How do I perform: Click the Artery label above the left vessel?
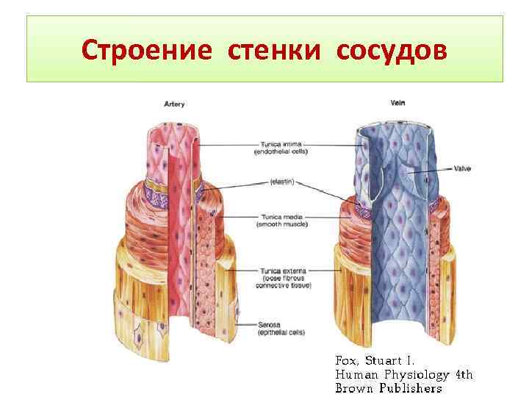[173, 104]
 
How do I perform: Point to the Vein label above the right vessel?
[397, 103]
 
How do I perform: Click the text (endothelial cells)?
[281, 151]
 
